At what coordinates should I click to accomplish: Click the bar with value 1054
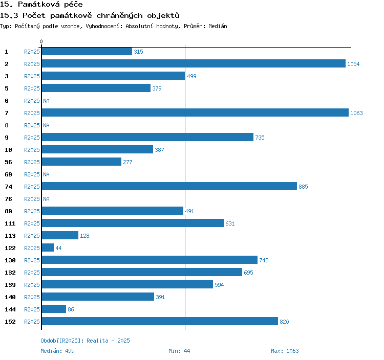pos(194,64)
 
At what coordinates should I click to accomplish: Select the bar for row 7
pos(195,113)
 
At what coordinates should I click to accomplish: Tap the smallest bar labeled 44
pos(48,248)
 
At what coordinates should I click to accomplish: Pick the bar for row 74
pos(169,187)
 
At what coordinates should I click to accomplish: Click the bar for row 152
pos(160,322)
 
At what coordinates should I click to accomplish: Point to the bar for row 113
pos(60,236)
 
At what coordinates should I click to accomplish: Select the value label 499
pos(191,76)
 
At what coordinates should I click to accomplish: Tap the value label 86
pos(71,309)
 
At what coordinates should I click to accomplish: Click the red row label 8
pos(7,125)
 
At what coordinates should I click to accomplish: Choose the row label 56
pos(8,162)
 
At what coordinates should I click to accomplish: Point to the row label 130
pos(10,260)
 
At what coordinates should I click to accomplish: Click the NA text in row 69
pos(46,174)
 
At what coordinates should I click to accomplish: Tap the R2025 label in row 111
pos(32,223)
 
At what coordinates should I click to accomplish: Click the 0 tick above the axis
pos(41,41)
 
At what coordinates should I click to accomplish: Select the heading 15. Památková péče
pos(41,5)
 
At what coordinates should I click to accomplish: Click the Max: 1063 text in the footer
pos(285,351)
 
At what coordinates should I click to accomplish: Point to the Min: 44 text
pos(179,351)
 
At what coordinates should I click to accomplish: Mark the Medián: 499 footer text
pos(57,351)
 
